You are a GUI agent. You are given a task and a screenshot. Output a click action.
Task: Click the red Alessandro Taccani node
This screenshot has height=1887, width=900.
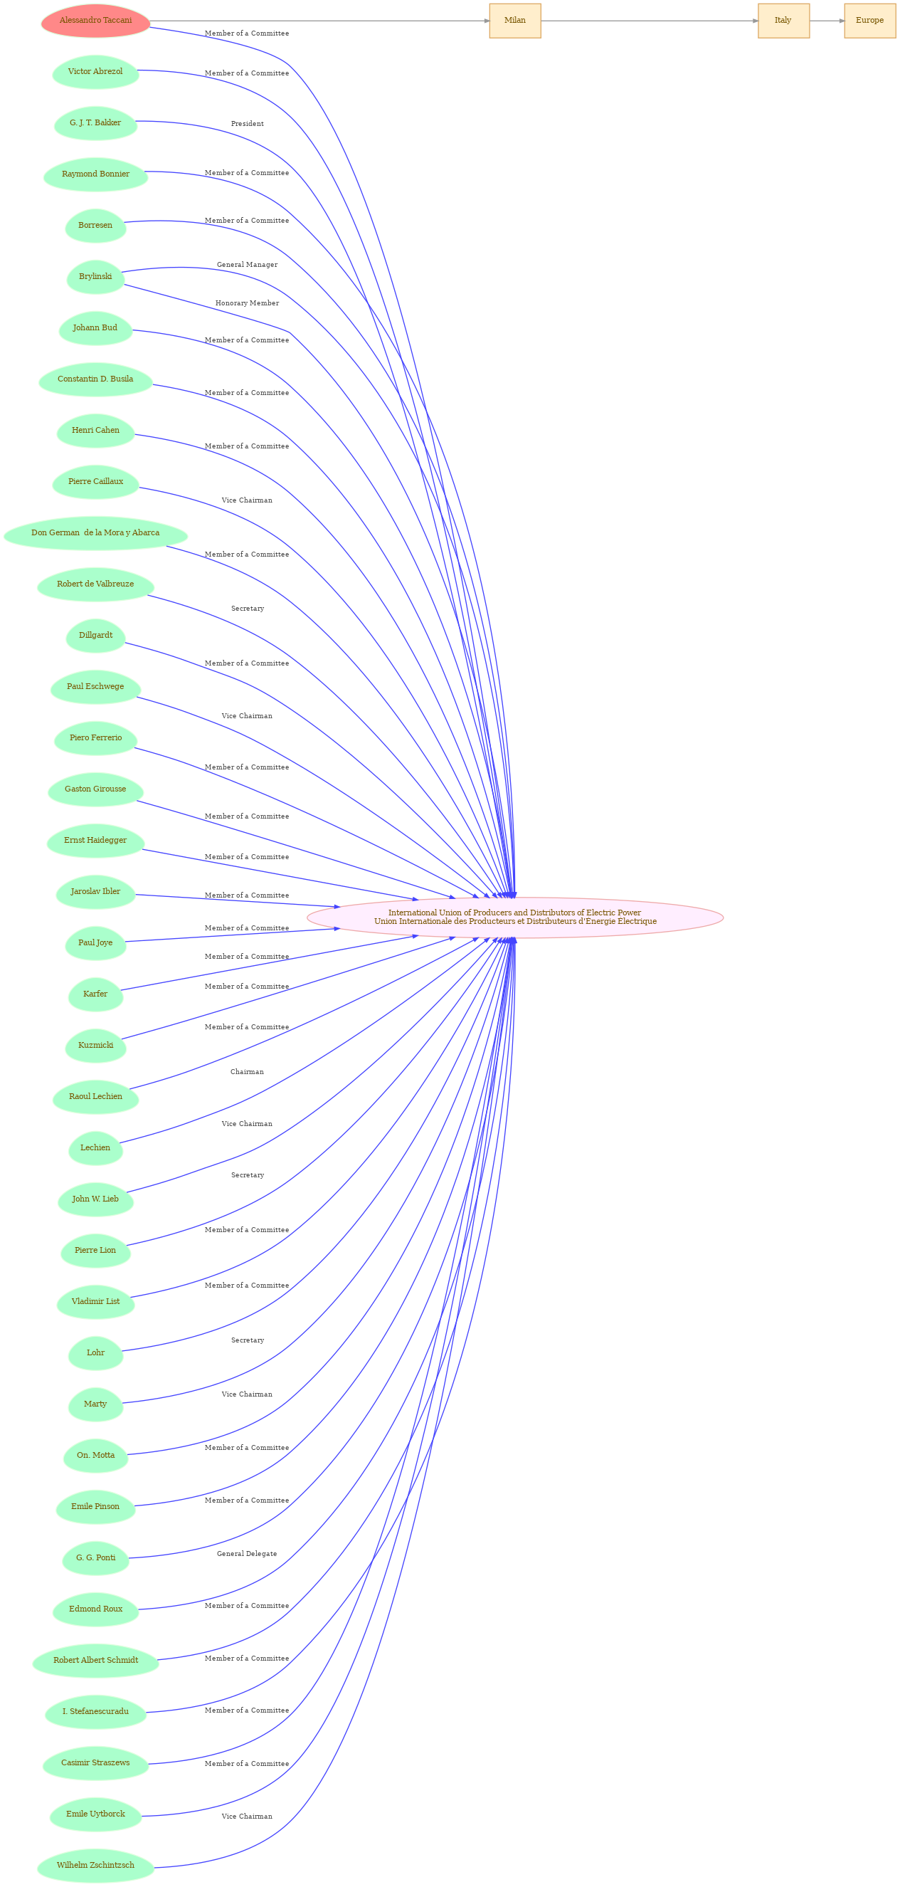95,21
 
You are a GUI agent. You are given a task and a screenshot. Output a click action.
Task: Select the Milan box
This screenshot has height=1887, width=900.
515,21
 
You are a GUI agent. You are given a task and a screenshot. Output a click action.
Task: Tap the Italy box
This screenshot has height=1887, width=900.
783,21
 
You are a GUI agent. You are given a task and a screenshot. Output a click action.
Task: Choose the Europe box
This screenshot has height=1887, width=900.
869,21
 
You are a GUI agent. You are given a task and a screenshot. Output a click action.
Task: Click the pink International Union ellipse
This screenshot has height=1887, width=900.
515,917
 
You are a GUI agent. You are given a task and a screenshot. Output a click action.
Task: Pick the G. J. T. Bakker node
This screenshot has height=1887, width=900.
95,123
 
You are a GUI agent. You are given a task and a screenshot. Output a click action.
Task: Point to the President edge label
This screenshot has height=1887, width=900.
248,124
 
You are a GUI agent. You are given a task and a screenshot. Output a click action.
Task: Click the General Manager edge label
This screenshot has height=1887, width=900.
248,265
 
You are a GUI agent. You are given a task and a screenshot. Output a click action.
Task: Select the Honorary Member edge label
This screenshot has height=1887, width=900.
248,303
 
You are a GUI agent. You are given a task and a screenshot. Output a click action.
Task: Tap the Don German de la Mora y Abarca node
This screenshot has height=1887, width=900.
95,533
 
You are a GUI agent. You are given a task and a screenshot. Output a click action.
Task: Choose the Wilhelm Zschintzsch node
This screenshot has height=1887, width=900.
95,1866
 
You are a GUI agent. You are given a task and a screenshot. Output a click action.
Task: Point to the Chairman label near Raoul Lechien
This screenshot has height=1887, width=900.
248,1072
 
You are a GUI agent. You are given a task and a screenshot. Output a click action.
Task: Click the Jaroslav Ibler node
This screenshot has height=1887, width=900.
95,892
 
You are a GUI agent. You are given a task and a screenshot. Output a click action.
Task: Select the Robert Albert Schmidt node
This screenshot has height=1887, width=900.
95,1661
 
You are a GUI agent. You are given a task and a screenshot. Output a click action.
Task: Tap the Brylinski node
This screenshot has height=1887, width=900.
95,277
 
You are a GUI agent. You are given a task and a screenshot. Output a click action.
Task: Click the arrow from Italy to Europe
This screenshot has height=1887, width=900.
827,21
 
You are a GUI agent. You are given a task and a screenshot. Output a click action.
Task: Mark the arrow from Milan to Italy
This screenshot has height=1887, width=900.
650,21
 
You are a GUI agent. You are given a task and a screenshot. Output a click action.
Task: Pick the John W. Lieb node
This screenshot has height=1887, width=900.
95,1199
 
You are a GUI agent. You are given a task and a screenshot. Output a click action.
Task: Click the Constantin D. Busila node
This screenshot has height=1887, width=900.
95,379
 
